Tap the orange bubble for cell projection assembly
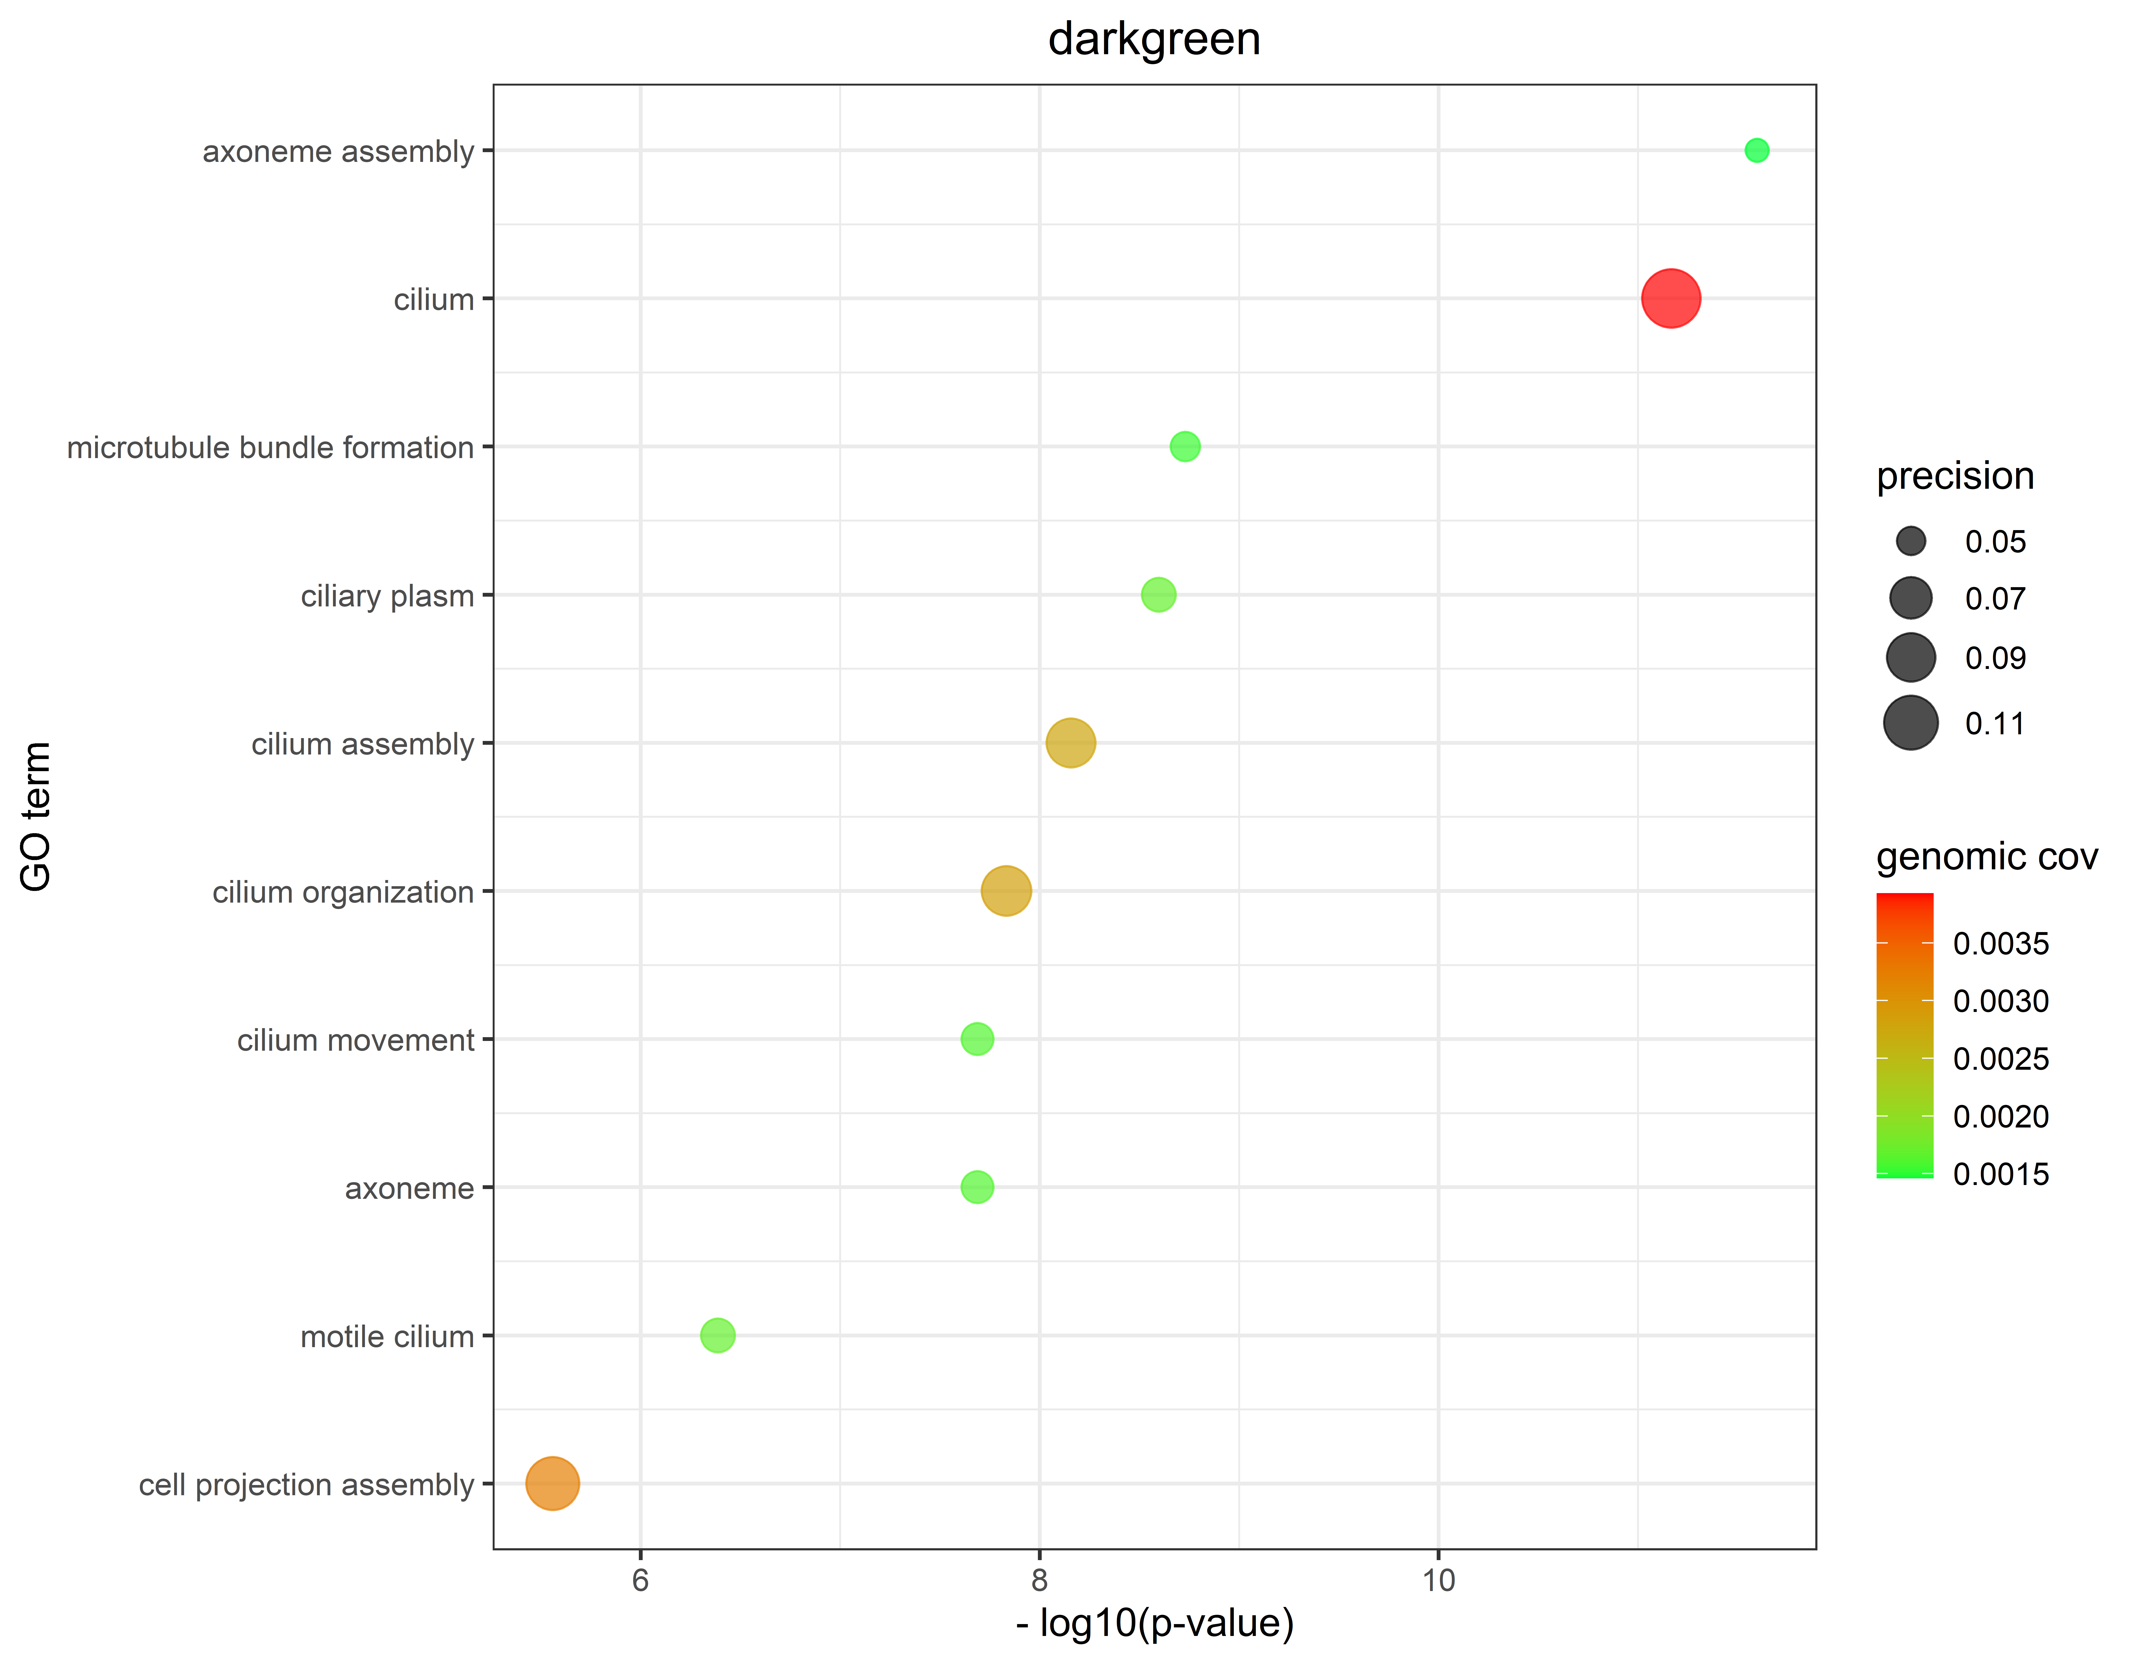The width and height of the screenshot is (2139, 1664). point(552,1484)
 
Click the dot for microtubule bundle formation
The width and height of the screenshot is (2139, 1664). point(1185,447)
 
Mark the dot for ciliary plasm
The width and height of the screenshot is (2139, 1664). point(1159,595)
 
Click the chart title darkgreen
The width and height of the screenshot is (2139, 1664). point(1154,39)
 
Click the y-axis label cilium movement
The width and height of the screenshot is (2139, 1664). point(356,1040)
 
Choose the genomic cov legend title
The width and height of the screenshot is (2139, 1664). point(1986,857)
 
